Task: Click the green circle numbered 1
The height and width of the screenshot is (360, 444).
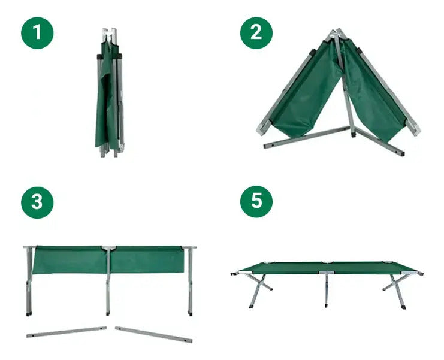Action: pos(37,33)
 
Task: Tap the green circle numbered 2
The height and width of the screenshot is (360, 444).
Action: pos(256,33)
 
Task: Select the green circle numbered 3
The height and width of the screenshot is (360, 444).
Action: pos(37,202)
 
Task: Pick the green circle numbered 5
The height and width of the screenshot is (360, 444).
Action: pos(256,202)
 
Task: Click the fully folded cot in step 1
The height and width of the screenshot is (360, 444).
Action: pos(110,93)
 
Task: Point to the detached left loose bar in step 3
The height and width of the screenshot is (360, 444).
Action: pos(67,332)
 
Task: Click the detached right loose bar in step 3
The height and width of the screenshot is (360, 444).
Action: pos(154,334)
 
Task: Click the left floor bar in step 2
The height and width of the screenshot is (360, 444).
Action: pos(307,138)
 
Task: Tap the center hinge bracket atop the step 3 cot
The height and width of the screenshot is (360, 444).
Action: pos(108,249)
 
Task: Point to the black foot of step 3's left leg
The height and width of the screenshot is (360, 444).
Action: pos(29,314)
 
